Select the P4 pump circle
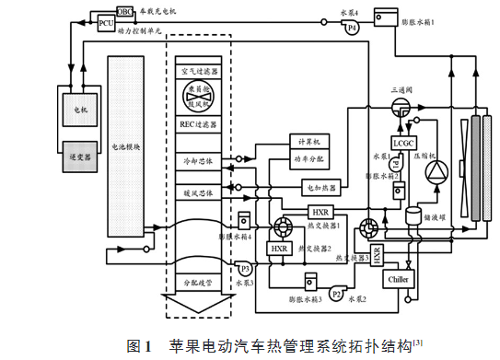[350, 29]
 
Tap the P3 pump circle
[245, 269]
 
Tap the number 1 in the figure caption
[146, 346]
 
